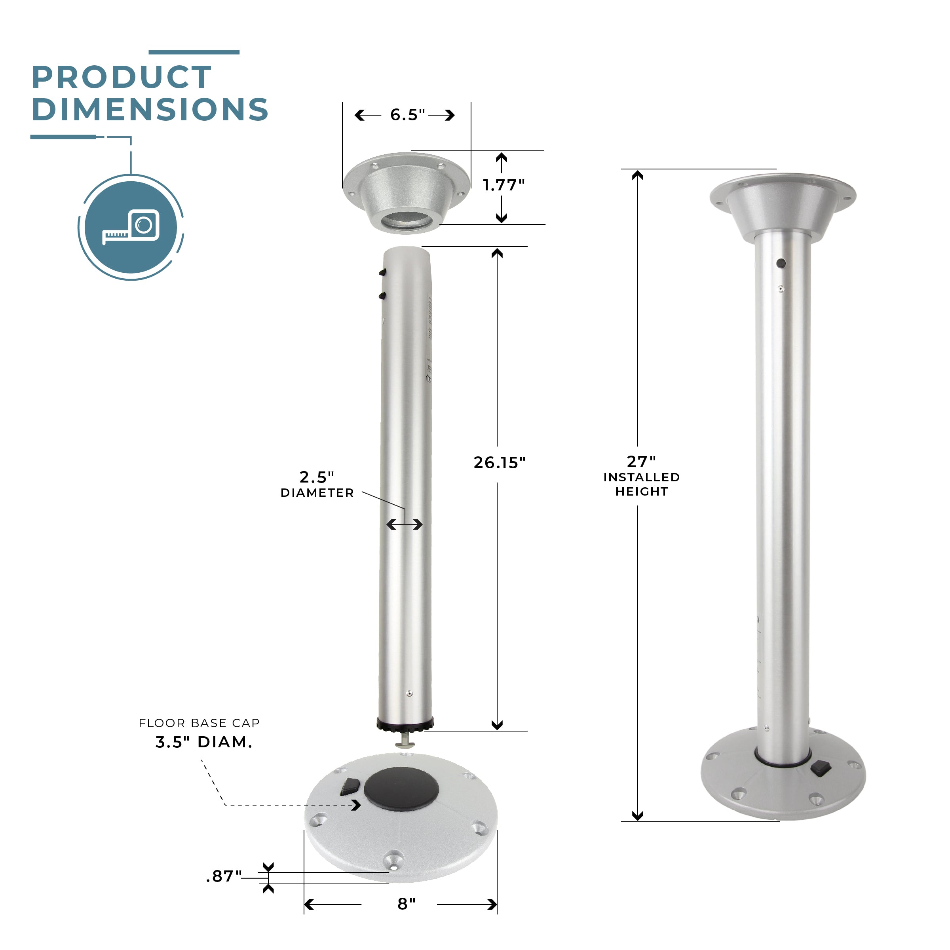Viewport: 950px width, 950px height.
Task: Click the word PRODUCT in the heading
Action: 122,78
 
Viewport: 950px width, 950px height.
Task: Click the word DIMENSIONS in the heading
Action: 150,109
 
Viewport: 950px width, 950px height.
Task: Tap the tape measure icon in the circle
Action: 131,227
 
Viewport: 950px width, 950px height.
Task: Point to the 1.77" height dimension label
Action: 504,185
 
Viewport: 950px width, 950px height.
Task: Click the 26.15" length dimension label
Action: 500,463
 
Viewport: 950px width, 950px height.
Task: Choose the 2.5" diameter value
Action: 317,477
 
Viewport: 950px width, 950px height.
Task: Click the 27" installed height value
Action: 641,461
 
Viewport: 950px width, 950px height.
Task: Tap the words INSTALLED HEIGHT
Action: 642,484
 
